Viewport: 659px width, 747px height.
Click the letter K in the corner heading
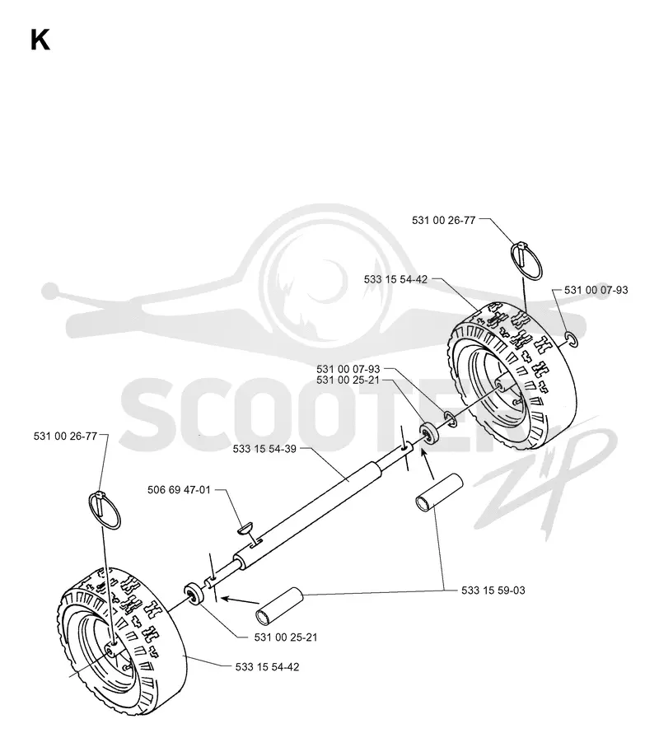click(40, 40)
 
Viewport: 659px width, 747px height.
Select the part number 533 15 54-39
click(264, 449)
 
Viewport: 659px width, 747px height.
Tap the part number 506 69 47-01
click(179, 490)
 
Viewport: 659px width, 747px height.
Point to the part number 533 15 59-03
click(493, 591)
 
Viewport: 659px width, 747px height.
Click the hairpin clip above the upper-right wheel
click(526, 259)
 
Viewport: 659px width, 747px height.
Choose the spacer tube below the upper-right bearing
click(439, 493)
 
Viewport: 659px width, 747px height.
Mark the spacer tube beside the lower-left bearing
click(280, 606)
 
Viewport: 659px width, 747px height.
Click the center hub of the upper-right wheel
click(506, 384)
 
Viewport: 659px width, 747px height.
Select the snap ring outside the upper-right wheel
click(572, 339)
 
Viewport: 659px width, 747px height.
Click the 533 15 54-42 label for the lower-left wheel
click(268, 667)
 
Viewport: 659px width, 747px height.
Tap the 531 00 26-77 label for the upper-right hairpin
click(444, 220)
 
